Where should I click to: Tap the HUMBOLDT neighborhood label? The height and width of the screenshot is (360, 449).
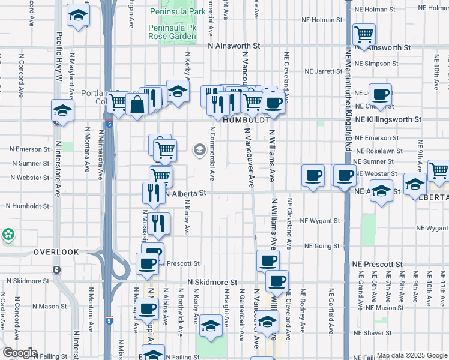pos(244,120)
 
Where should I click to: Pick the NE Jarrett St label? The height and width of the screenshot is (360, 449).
pos(323,71)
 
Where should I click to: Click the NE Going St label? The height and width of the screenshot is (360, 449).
pos(322,246)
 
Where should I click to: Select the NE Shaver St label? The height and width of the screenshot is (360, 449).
pos(372,332)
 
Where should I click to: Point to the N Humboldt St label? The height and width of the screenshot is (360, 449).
pos(28,206)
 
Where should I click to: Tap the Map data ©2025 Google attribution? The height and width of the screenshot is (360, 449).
pos(411,355)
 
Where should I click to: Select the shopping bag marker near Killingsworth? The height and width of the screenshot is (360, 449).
pos(137,104)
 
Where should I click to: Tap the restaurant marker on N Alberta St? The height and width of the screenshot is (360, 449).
pos(151,192)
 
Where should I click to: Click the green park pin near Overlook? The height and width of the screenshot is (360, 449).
pos(8,235)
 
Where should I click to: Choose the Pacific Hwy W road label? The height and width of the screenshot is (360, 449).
pos(59,57)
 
